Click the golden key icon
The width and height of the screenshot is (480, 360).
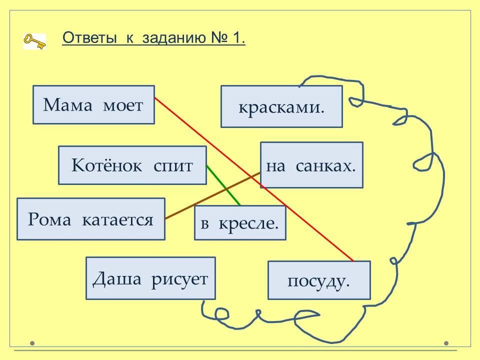[34, 41]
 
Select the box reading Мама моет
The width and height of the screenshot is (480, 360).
[93, 104]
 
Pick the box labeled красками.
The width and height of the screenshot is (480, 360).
[281, 106]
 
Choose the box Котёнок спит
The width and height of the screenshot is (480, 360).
[132, 165]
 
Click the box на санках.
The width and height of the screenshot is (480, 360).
[311, 165]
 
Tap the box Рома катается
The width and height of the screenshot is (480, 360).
[90, 219]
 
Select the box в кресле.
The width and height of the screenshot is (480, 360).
[239, 223]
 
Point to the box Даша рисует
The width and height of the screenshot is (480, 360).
[150, 278]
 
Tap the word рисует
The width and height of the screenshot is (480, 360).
[179, 278]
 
